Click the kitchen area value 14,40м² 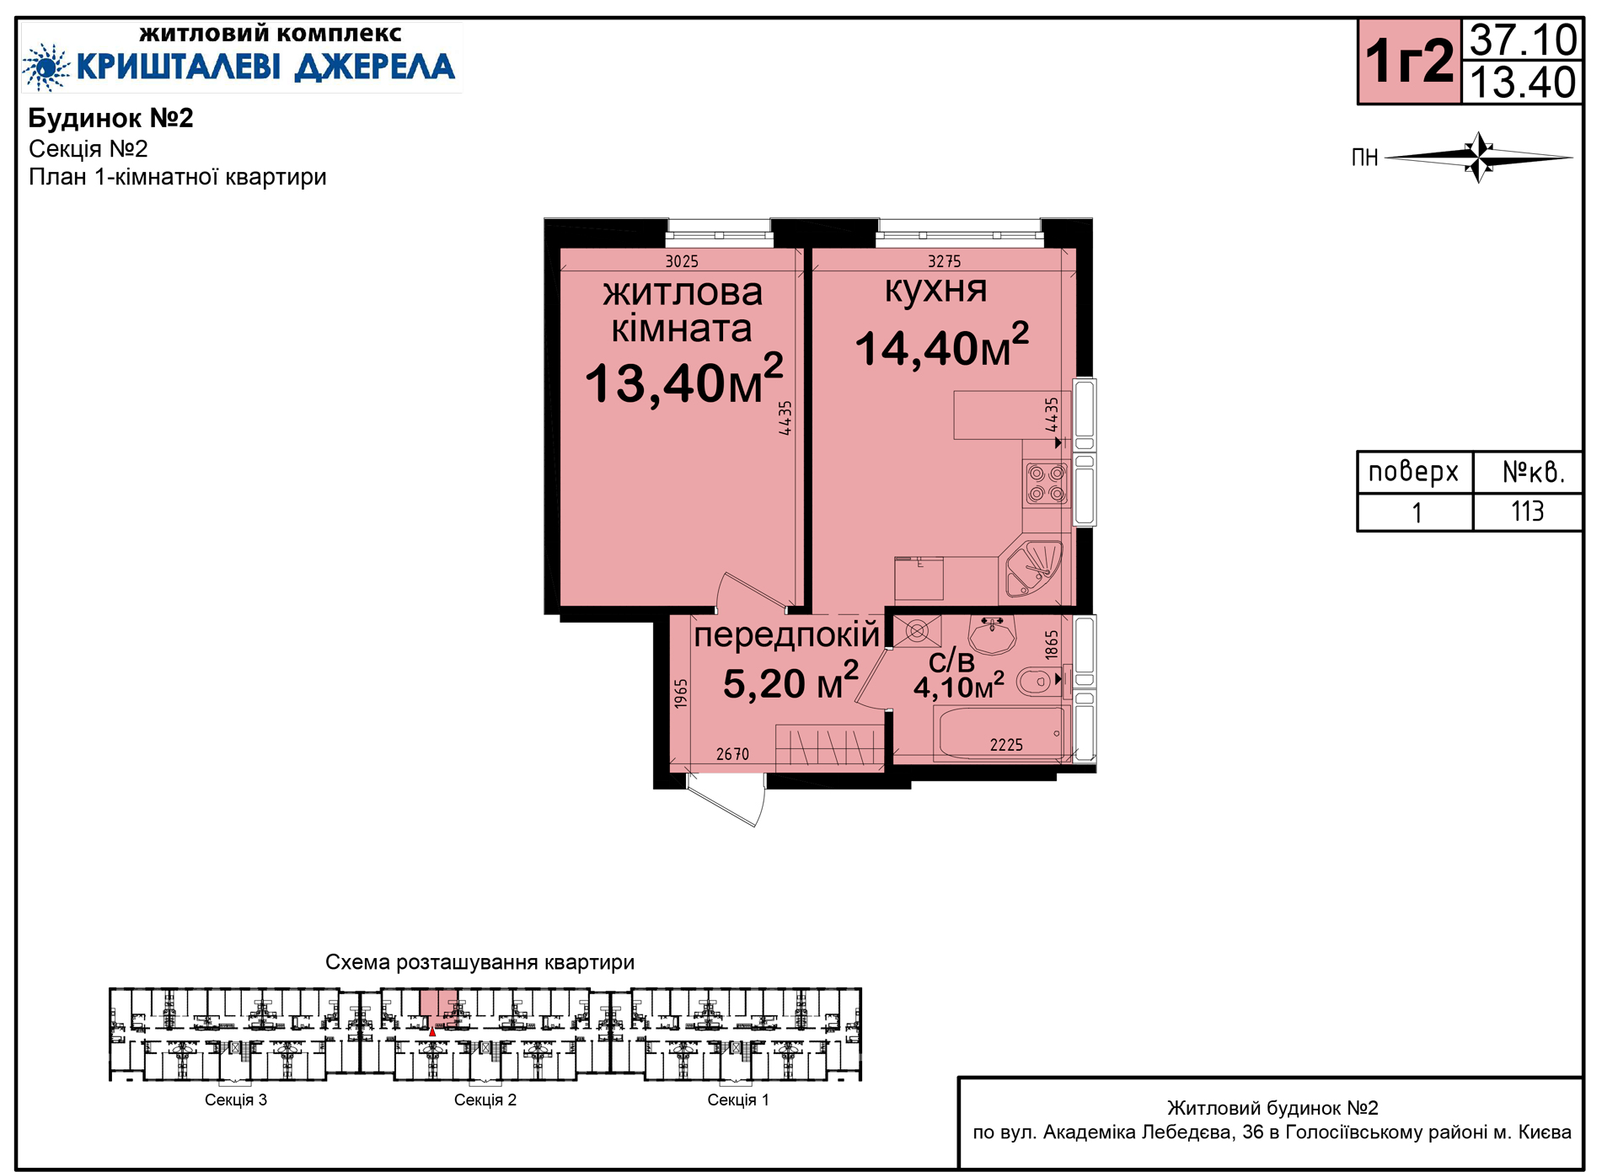[941, 345]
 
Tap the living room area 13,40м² [683, 381]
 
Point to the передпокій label [786, 635]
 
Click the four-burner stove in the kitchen [1047, 484]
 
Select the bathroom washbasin [992, 634]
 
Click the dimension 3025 [682, 261]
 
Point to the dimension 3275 [944, 261]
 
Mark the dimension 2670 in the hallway [732, 754]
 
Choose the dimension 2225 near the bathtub [1006, 745]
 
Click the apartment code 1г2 [1409, 62]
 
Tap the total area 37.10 [1523, 40]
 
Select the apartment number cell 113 [1527, 511]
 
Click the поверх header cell [1413, 472]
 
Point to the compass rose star [1479, 157]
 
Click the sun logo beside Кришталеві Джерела [46, 67]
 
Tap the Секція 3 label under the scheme [236, 1100]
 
